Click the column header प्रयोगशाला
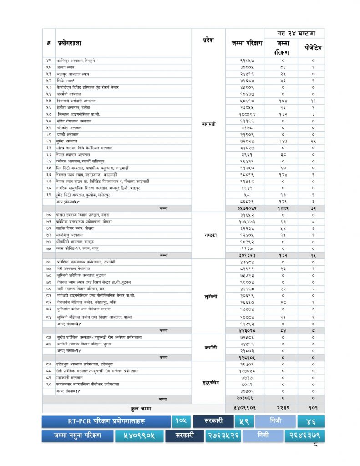coord(69,43)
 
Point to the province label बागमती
coord(208,123)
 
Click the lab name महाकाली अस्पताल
coord(70,378)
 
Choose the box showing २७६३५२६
coord(223,436)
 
